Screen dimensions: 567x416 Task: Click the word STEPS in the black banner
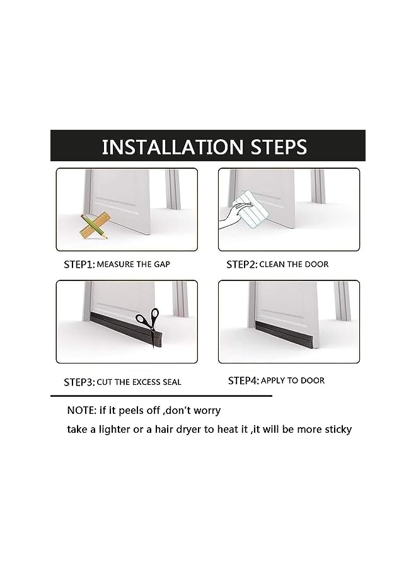[277, 147]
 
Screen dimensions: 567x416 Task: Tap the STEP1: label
[79, 265]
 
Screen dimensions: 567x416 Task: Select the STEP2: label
[241, 265]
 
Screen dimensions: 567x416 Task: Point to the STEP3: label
[79, 382]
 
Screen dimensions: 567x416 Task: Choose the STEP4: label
[243, 381]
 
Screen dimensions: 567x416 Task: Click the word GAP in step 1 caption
[161, 265]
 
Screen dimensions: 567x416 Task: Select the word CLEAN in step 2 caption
[272, 265]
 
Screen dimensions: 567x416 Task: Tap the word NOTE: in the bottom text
[82, 411]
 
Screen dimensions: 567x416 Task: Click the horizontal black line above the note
[161, 396]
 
